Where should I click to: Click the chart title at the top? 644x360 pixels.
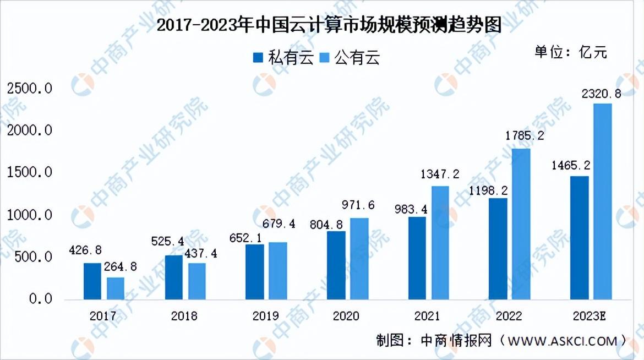[329, 25]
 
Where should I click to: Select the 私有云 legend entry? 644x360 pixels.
[283, 58]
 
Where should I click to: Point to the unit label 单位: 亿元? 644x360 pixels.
[570, 52]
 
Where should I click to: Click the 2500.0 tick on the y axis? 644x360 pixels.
[30, 89]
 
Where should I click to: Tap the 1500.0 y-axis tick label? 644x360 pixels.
[30, 172]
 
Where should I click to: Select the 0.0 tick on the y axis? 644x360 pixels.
[41, 299]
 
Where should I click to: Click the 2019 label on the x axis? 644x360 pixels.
[265, 316]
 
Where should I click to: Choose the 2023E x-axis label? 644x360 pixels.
[590, 316]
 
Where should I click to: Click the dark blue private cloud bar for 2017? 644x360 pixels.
[92, 281]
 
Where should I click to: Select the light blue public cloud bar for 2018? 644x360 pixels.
[197, 281]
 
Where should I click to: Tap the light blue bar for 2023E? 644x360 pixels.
[603, 201]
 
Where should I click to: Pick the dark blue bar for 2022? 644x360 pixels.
[498, 249]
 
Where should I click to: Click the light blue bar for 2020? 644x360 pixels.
[359, 259]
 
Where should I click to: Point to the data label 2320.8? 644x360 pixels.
[601, 94]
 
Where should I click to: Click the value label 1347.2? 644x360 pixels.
[440, 174]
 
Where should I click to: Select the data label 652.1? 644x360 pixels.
[245, 238]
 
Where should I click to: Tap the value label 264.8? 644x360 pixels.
[121, 267]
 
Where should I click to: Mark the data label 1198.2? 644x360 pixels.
[488, 190]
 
